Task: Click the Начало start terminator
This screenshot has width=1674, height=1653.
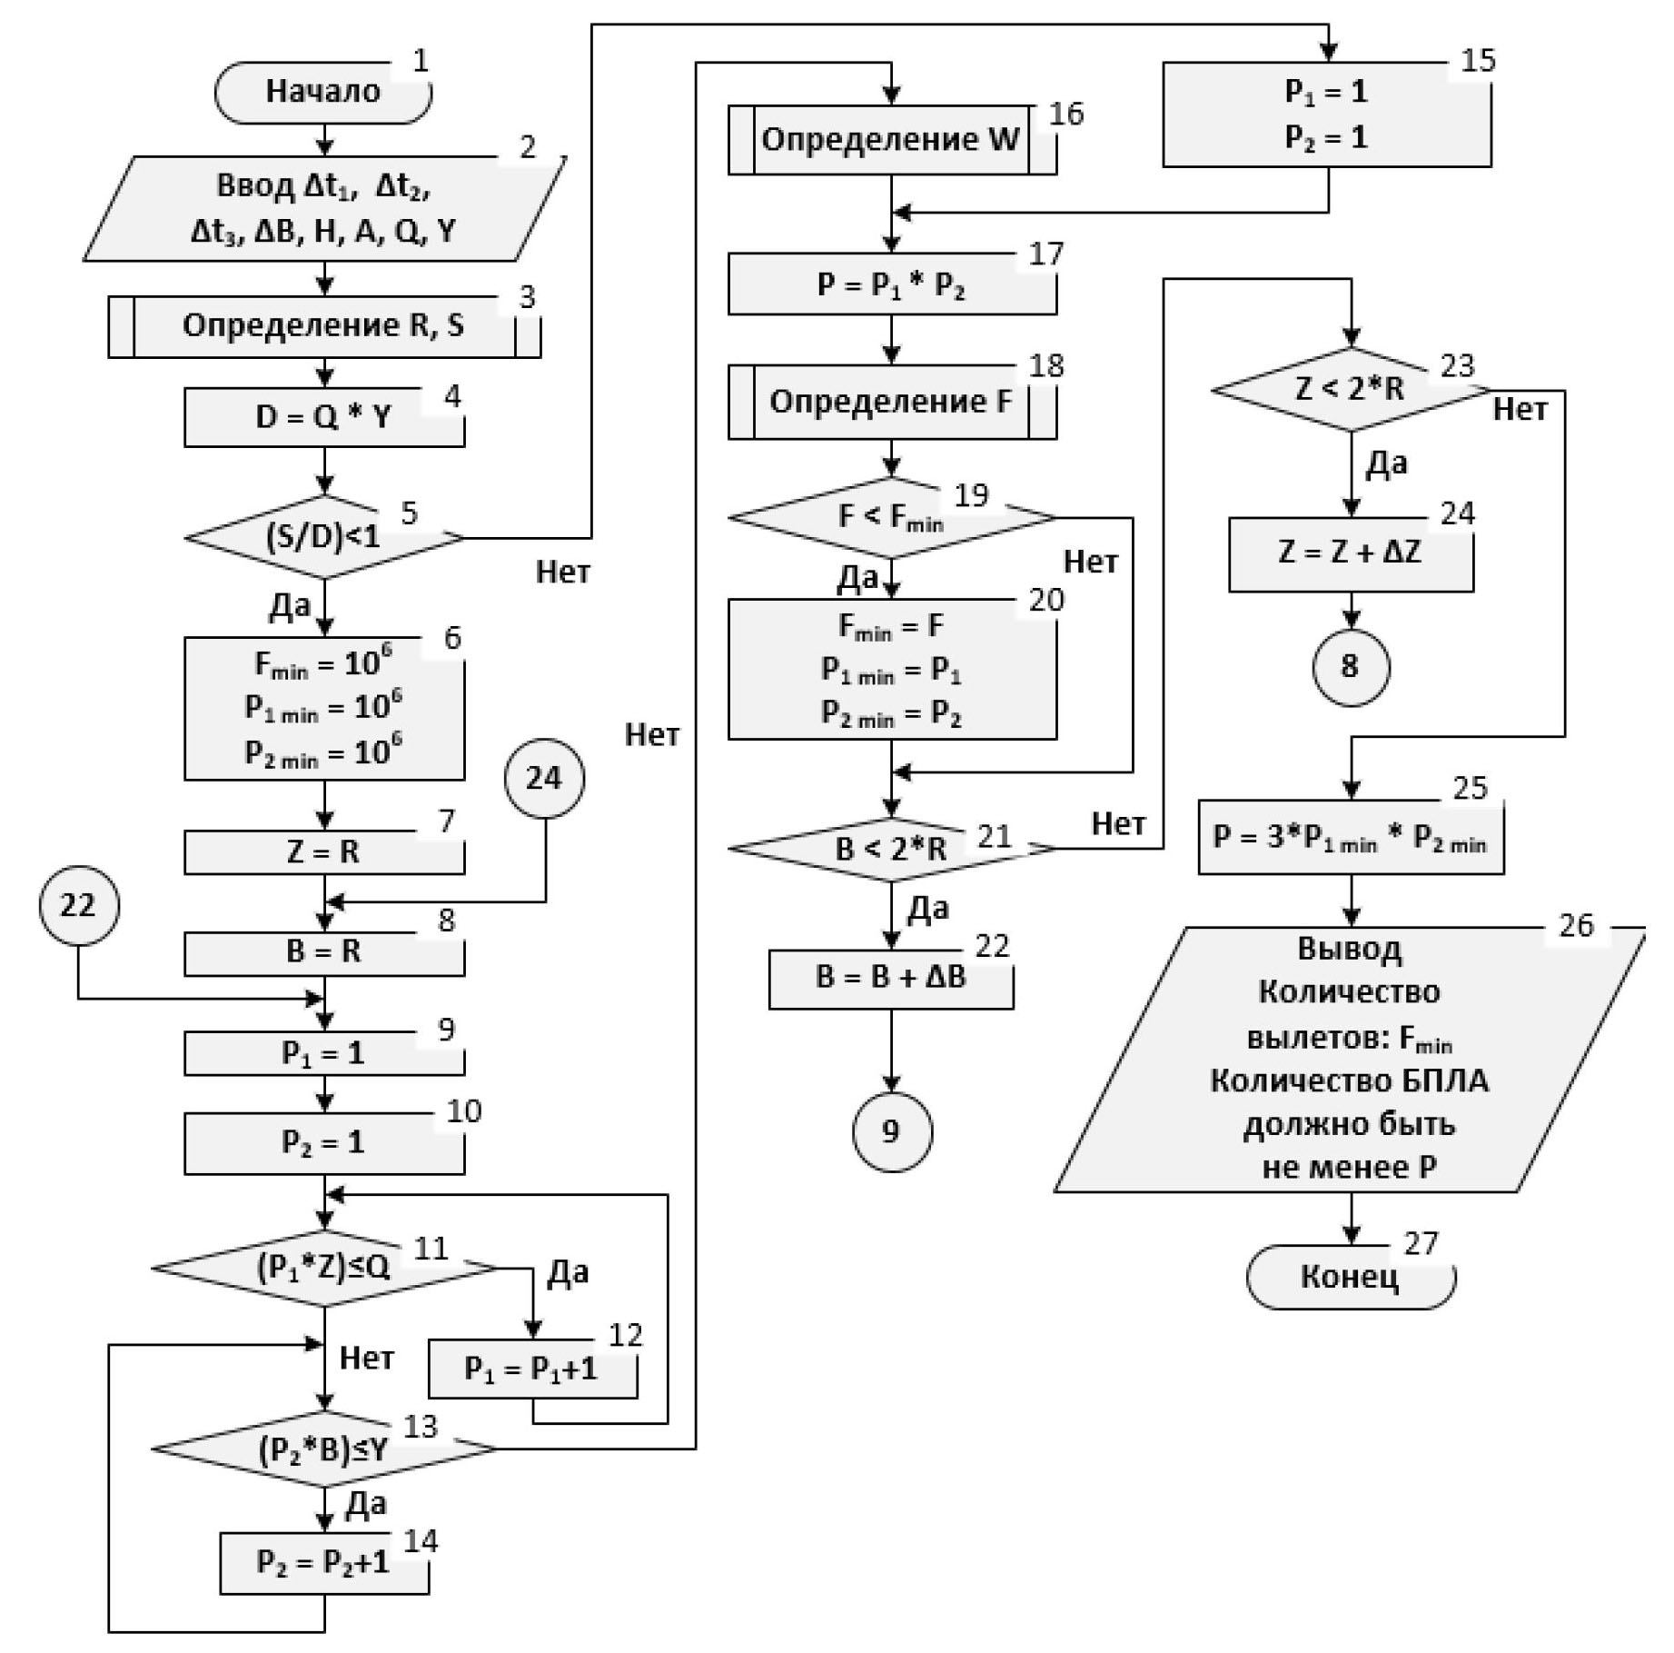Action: click(322, 92)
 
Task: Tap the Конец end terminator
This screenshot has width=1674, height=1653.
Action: click(1350, 1277)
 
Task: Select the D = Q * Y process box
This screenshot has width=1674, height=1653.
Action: click(323, 417)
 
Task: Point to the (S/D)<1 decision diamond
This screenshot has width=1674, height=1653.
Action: click(323, 537)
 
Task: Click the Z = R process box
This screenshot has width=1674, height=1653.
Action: click(323, 852)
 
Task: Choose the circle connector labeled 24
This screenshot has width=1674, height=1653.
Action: click(544, 778)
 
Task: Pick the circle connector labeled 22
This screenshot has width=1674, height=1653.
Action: click(78, 905)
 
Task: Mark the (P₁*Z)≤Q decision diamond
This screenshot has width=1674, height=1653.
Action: click(323, 1268)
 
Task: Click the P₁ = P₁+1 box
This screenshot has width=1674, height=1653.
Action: click(532, 1369)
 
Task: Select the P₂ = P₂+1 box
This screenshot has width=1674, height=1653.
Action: click(323, 1562)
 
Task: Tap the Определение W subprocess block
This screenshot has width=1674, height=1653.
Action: click(891, 140)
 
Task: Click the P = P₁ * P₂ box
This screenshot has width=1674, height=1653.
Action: click(891, 284)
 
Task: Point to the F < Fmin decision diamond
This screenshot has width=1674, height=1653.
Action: click(891, 517)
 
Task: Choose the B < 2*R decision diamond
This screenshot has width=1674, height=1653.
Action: click(891, 849)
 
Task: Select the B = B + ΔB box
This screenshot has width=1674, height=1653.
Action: click(891, 978)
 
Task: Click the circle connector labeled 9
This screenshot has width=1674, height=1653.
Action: click(891, 1131)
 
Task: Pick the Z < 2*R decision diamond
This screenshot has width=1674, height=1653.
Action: click(1350, 390)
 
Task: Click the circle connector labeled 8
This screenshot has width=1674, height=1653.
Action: click(1350, 666)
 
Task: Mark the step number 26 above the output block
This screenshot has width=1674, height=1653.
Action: click(1576, 925)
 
